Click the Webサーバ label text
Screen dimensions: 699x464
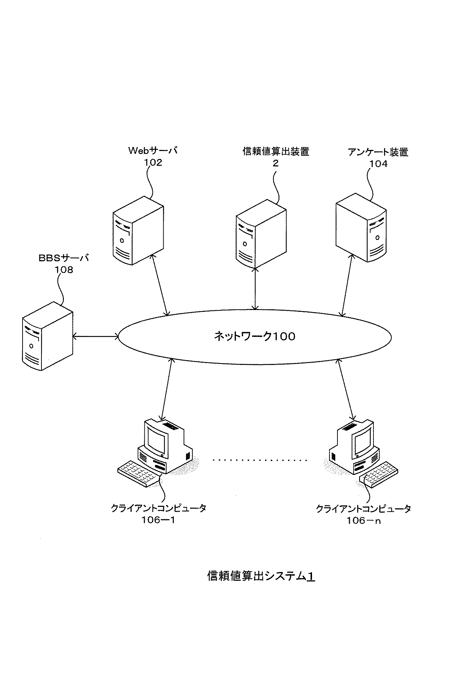coord(152,151)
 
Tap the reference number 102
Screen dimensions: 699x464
coord(153,163)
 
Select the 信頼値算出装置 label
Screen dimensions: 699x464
coord(276,151)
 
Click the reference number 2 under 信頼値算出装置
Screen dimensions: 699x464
coord(276,163)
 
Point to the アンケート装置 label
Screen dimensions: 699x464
coord(378,152)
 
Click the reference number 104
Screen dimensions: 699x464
coord(379,164)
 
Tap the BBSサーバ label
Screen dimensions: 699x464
coord(64,259)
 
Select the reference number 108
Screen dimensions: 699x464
coord(64,270)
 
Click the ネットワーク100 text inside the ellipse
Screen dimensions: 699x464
coord(254,337)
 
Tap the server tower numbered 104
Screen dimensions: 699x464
coord(360,228)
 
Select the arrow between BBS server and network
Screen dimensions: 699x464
coord(96,337)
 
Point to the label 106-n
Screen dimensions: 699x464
coord(363,521)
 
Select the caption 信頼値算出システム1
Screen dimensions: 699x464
coord(261,576)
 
